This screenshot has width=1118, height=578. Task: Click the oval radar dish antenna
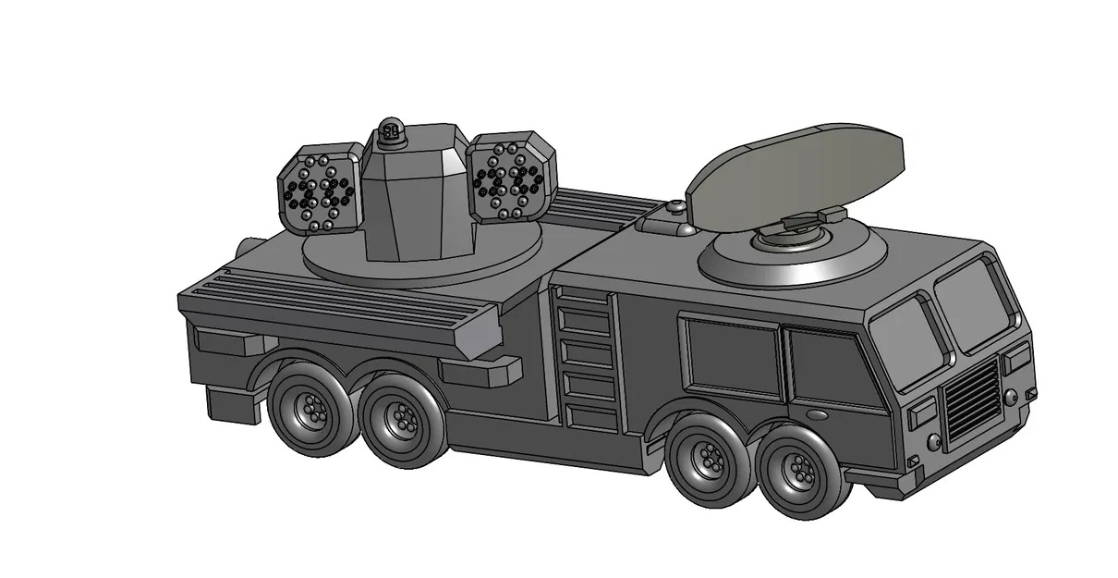point(795,171)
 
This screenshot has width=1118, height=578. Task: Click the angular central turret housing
point(412,199)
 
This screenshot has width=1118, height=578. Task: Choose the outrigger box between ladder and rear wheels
point(480,372)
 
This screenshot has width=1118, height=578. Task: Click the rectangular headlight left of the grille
point(921,416)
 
